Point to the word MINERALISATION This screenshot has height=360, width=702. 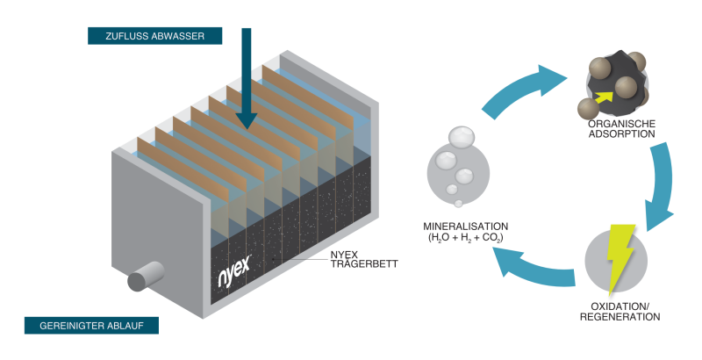coord(465,226)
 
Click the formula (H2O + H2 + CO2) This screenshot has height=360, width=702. coord(465,237)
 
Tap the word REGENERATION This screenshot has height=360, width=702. coord(620,317)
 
